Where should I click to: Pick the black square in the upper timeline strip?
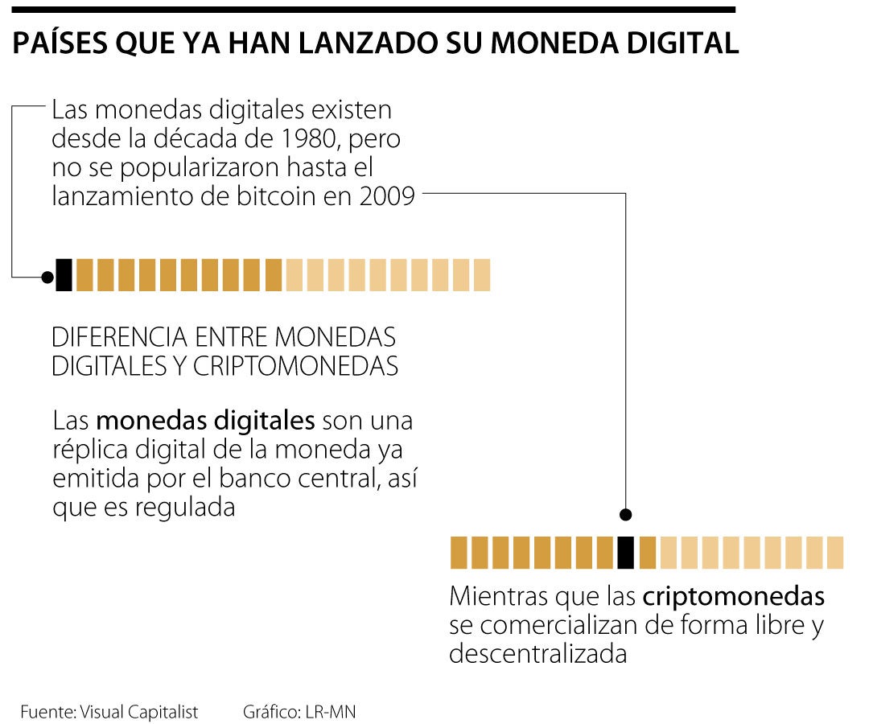(64, 275)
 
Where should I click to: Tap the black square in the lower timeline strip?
(625, 553)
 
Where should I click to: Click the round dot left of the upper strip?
(47, 277)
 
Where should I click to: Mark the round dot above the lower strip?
(625, 515)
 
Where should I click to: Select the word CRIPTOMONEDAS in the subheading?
(295, 366)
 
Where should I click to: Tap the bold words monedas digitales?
(205, 421)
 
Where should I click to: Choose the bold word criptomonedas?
(733, 597)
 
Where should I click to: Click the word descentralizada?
(537, 653)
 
